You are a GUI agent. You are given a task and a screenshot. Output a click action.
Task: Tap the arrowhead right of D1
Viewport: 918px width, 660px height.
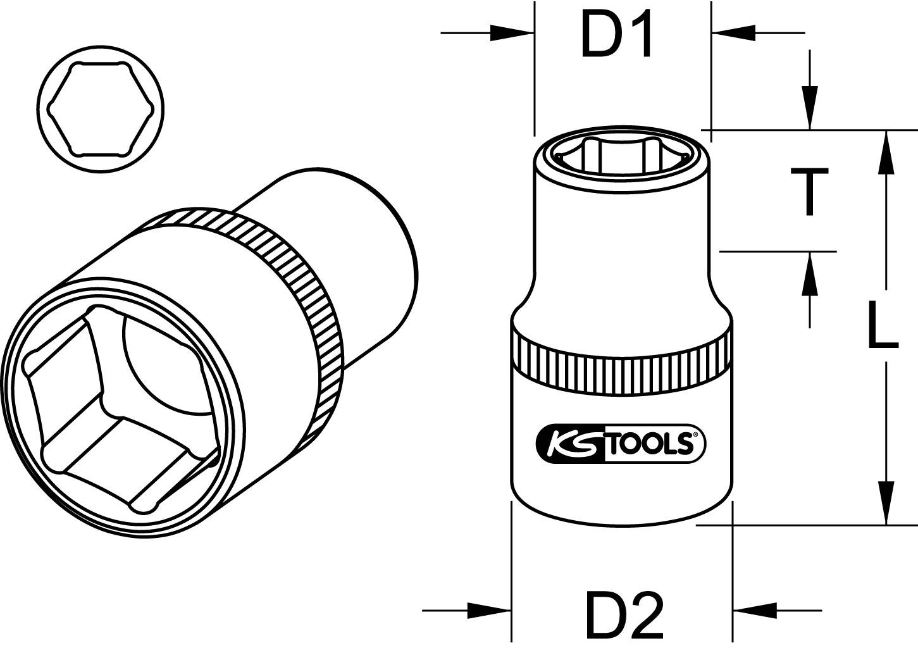(x=734, y=33)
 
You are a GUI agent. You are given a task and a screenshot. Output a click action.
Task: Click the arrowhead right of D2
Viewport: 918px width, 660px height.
(x=755, y=611)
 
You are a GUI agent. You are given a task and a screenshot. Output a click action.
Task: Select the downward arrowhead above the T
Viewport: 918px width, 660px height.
(x=809, y=108)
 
